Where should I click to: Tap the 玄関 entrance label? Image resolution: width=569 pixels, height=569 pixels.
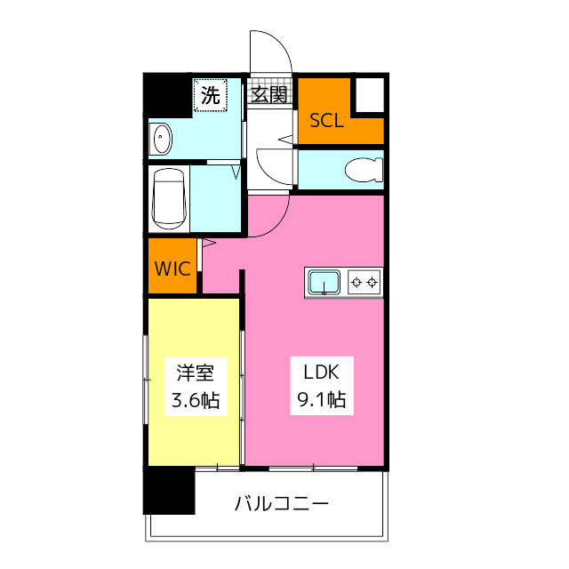[x=269, y=95]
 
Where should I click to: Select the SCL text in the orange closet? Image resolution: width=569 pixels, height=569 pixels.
[x=326, y=121]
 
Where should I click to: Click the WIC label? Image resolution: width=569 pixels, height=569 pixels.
[x=173, y=268]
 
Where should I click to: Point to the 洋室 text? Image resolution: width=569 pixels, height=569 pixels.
[x=195, y=372]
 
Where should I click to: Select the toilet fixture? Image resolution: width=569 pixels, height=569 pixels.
[x=365, y=168]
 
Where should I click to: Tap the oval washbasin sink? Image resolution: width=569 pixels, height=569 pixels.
[x=162, y=139]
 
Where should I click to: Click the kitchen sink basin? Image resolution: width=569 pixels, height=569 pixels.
[x=325, y=283]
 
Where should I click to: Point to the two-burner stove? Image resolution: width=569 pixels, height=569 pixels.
[x=365, y=283]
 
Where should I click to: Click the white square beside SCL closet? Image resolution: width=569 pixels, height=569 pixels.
[x=370, y=95]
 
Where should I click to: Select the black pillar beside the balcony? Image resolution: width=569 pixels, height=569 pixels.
[x=169, y=490]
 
